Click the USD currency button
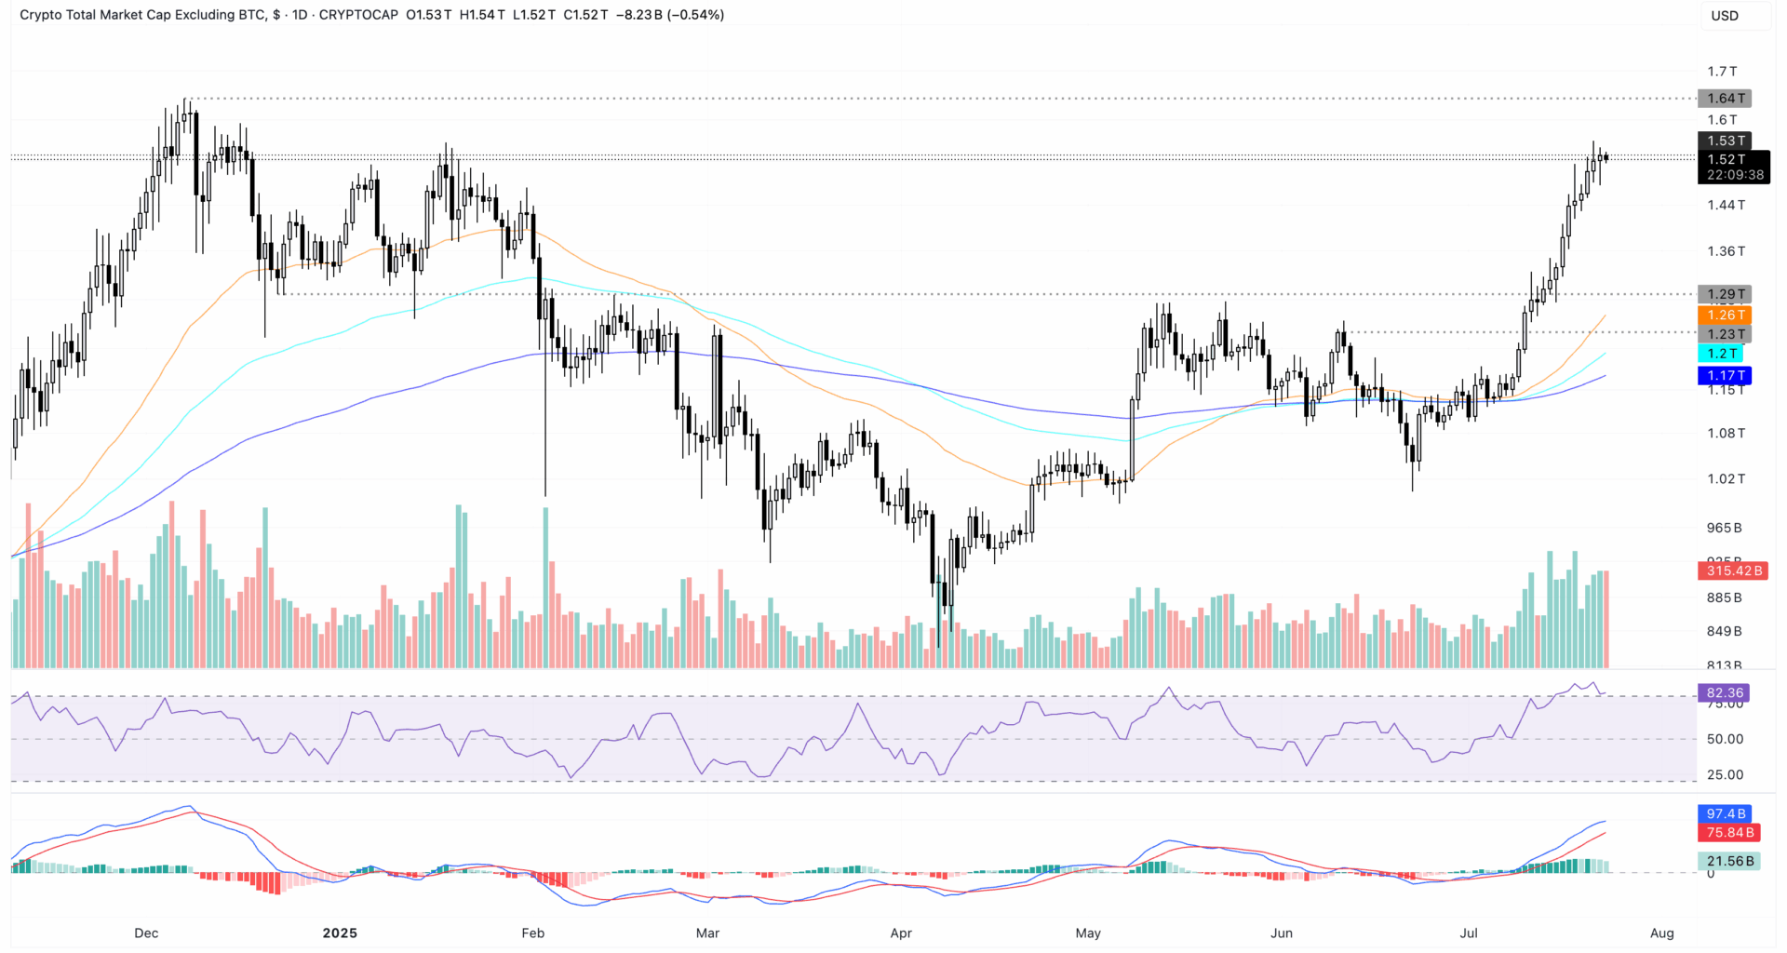tap(1725, 16)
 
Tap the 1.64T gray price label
tap(1725, 99)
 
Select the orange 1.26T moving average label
tap(1725, 315)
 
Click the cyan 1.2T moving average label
tap(1721, 354)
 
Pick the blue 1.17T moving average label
tap(1725, 376)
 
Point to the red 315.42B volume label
tap(1733, 570)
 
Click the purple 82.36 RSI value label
tap(1725, 693)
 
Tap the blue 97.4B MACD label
tap(1726, 814)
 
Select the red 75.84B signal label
tap(1729, 833)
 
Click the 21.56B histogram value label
tap(1729, 862)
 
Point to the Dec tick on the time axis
tap(146, 933)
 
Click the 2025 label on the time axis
tap(340, 933)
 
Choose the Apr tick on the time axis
tap(901, 933)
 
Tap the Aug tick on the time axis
tap(1661, 933)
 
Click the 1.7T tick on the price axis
tap(1722, 72)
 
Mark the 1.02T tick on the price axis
tap(1726, 479)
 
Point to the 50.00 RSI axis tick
tap(1725, 739)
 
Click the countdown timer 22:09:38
tap(1735, 175)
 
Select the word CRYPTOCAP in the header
tap(358, 15)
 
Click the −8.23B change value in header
tap(639, 15)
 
